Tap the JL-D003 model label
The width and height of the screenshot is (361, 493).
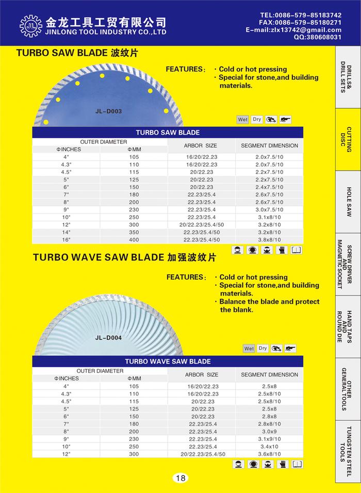point(109,110)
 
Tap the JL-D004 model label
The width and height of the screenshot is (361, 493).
point(108,338)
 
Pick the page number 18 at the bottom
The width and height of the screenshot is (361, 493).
point(180,478)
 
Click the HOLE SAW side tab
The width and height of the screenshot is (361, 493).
point(349,202)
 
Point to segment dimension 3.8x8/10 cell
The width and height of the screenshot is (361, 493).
point(269,240)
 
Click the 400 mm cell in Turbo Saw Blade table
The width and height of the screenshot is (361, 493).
point(134,240)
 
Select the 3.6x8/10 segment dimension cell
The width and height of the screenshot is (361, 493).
point(269,454)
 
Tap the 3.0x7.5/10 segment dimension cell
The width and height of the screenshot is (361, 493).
point(269,210)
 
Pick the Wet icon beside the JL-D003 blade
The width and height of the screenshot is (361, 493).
point(242,120)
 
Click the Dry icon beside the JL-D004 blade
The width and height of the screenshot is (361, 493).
point(262,349)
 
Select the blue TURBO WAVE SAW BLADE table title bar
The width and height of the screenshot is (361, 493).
point(168,361)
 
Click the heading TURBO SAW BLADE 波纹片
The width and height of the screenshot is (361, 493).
point(77,53)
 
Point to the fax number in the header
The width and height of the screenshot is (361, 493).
point(300,23)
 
